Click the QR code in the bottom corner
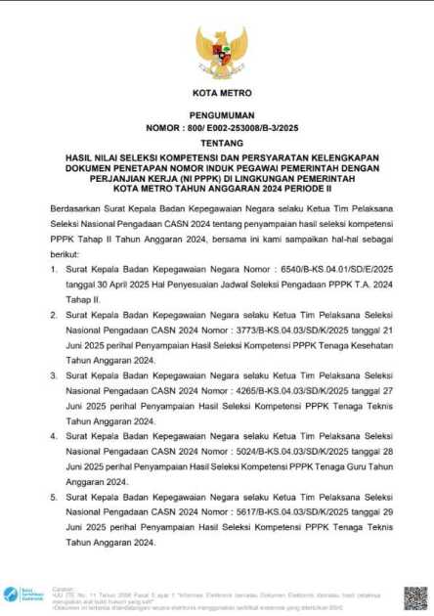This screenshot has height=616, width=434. (x=415, y=596)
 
